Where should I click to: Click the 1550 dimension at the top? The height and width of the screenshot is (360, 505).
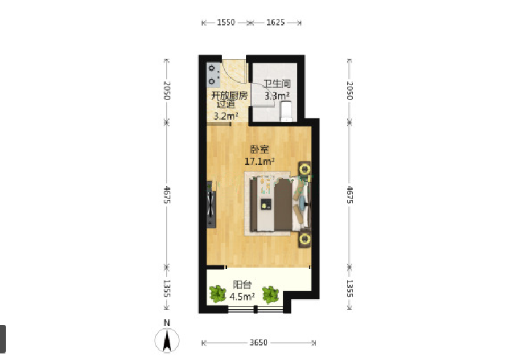[x=226, y=23]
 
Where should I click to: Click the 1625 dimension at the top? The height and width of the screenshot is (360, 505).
[x=276, y=23]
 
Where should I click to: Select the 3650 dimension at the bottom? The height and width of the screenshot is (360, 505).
[x=258, y=343]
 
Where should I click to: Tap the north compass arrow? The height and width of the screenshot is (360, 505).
[x=167, y=340]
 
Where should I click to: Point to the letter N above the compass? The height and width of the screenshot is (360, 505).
[x=167, y=323]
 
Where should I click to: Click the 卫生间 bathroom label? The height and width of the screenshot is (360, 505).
[x=277, y=84]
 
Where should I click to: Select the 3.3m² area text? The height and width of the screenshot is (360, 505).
[x=277, y=95]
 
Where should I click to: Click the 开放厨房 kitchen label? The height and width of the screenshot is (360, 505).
[x=229, y=95]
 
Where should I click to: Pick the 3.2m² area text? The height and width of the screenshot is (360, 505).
[x=226, y=116]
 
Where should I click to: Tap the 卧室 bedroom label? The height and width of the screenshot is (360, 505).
[x=260, y=149]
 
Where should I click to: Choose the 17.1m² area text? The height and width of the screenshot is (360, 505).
[x=260, y=161]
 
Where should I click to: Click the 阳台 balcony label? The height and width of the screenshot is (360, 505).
[x=242, y=284]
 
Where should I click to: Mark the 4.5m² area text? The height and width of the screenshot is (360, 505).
[x=242, y=296]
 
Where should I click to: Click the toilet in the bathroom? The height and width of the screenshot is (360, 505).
[x=286, y=111]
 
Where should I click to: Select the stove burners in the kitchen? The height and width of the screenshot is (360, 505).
[x=212, y=74]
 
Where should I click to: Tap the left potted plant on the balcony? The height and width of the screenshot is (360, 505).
[x=218, y=294]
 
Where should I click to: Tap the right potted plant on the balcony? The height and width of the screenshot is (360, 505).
[x=270, y=295]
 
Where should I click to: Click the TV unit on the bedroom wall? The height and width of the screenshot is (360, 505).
[x=211, y=204]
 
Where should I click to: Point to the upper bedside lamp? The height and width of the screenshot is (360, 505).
[x=304, y=169]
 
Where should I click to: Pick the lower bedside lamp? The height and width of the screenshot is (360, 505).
[x=305, y=239]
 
